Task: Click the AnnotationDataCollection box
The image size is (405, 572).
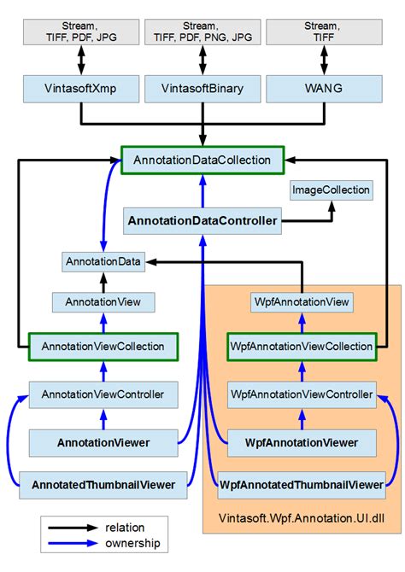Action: point(202,159)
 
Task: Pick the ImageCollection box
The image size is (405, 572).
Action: point(332,190)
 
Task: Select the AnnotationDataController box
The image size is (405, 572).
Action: point(202,221)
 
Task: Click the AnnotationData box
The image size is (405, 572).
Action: point(103,262)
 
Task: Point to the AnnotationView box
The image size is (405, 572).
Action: point(103,302)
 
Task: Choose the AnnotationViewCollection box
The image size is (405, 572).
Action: point(103,347)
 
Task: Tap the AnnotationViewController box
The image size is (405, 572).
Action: point(103,394)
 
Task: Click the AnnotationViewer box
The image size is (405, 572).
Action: point(103,442)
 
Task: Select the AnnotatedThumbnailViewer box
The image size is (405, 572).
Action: point(103,485)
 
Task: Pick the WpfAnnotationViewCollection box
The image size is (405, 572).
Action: point(301,347)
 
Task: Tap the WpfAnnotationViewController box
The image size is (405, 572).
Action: point(301,394)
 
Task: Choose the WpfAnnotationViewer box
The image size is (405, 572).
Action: point(301,442)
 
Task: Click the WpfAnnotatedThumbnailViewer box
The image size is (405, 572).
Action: point(301,485)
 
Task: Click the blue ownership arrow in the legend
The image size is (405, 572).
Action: point(73,543)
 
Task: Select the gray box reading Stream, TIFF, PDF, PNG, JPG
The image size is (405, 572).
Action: point(202,31)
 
